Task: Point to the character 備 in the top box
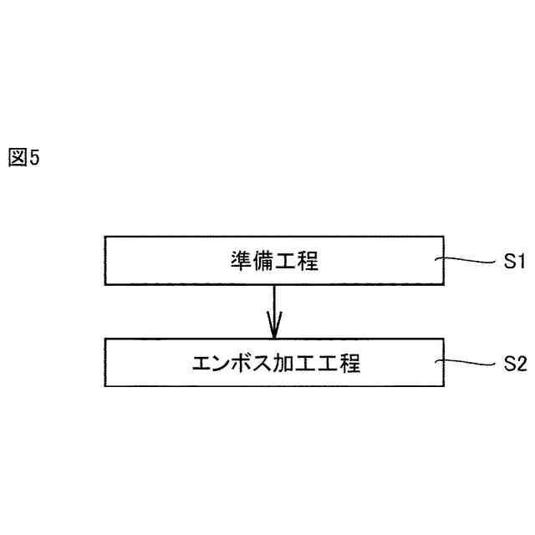pos(263,262)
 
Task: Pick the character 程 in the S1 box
pos(308,262)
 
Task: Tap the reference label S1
pos(513,262)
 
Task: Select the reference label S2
pos(513,364)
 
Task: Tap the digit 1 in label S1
pos(519,262)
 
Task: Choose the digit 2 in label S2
pos(519,364)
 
